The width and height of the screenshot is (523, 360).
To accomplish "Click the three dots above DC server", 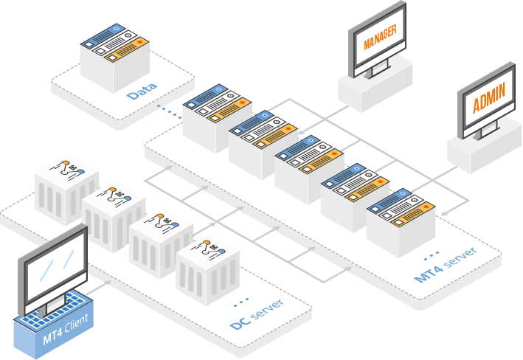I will point(240,302).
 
